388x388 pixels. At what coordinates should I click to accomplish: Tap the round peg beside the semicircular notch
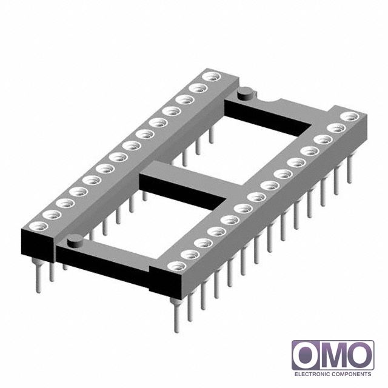[x=245, y=93]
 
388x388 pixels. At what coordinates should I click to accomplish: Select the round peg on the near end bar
[x=75, y=240]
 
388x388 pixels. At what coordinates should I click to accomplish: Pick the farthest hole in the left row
[x=212, y=77]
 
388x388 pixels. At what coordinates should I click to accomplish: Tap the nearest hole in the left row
[x=38, y=226]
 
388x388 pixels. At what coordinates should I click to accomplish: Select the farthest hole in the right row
[x=349, y=116]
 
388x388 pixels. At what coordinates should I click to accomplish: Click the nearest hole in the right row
[x=176, y=266]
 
